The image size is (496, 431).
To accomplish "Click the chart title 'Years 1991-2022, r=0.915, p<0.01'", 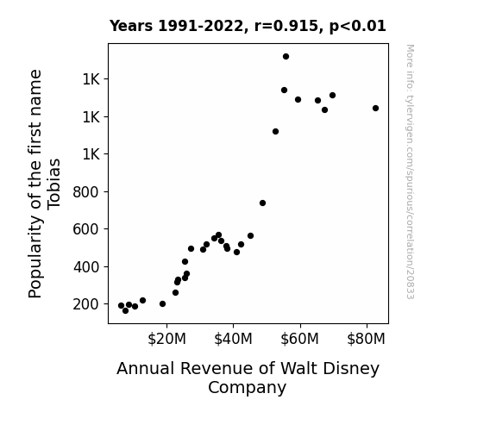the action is point(248,26).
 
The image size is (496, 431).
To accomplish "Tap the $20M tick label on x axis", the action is point(166,339).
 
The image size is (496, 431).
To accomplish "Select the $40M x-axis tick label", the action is point(233,339).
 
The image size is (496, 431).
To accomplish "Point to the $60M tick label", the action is point(299,339).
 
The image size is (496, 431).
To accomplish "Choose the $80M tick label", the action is point(366,339).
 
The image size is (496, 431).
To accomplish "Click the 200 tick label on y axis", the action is point(86,304).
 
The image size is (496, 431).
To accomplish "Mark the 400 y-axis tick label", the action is point(86,267).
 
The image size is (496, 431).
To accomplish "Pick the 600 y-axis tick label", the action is point(86,229).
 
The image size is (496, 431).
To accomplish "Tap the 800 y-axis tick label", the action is point(86,192).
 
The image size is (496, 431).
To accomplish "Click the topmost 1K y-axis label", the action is point(91,79).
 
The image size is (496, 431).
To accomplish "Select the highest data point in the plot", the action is point(286,57).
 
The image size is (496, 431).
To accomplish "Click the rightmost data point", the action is point(375,108).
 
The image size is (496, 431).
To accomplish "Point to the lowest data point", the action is point(125,311).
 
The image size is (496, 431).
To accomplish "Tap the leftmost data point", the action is point(121,305).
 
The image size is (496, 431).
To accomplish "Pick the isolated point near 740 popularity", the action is point(262,203).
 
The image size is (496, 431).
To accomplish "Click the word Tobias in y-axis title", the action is point(54,184).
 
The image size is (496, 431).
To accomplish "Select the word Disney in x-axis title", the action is point(352,369).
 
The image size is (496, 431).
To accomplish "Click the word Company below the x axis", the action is point(247,388).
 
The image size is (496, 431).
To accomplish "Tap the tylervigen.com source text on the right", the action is point(410,172).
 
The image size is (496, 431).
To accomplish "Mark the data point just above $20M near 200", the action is point(162,304).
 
